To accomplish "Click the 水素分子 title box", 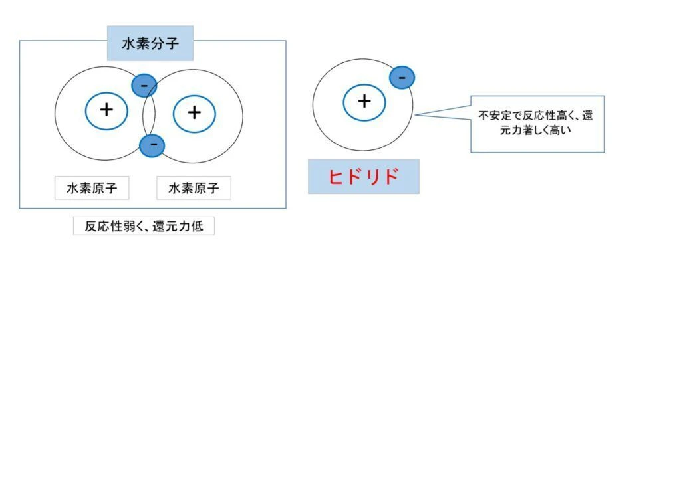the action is (150, 43).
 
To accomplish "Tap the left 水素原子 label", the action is (92, 188).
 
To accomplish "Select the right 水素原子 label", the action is (194, 188).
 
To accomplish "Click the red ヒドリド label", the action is (364, 177).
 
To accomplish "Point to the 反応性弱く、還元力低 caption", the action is (144, 226).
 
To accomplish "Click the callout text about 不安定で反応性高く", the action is (535, 123).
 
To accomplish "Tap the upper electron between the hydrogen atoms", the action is (144, 86).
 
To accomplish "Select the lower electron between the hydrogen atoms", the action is (152, 145).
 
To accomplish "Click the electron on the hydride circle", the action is (402, 78).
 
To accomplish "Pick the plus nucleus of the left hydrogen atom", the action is (106, 111).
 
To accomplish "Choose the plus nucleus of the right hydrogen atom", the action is (194, 114).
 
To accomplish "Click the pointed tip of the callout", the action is (415, 115).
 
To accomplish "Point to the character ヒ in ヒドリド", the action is (336, 177).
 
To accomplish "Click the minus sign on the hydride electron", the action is (402, 78).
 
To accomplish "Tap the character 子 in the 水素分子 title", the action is (172, 43).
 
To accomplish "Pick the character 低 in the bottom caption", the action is (197, 226).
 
